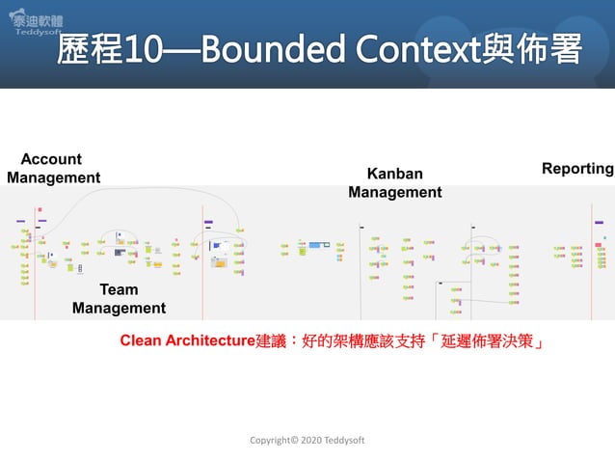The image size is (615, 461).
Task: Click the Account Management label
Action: [x=53, y=168]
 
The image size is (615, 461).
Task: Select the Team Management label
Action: [x=119, y=299]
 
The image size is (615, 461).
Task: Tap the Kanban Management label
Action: [x=394, y=182]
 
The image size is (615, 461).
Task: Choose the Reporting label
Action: [x=577, y=169]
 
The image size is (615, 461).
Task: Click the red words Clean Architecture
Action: [x=187, y=341]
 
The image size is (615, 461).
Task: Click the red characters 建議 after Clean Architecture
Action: [x=271, y=341]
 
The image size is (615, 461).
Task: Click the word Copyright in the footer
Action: [x=270, y=440]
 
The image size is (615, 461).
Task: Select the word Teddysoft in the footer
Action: [x=343, y=440]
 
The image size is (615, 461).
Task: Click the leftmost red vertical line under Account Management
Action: [x=36, y=260]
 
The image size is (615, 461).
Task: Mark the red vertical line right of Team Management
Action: [x=202, y=260]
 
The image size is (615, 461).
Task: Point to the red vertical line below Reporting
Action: [x=592, y=260]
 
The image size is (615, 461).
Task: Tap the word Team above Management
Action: [x=119, y=289]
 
